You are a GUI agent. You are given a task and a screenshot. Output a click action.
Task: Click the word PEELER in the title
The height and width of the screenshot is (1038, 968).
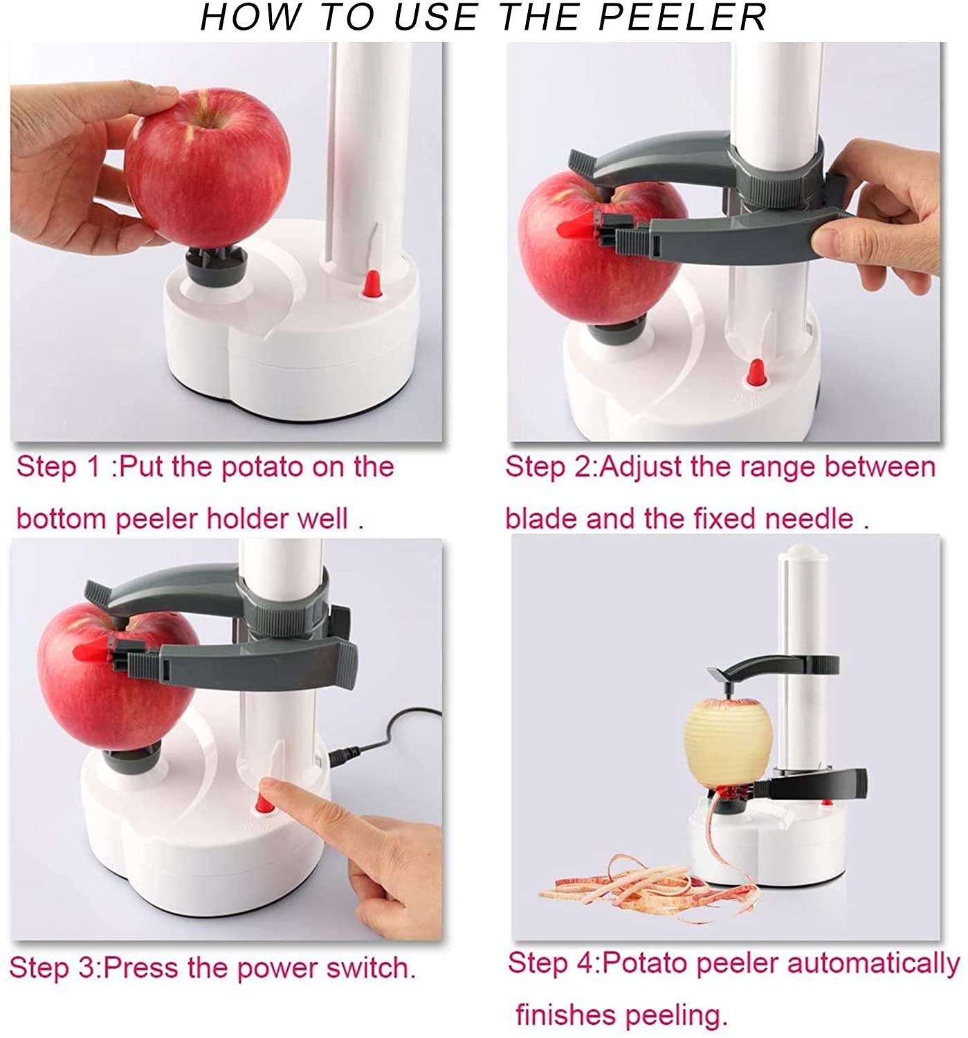tap(682, 17)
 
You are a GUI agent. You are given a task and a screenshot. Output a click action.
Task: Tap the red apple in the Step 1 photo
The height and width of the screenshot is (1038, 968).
tap(208, 173)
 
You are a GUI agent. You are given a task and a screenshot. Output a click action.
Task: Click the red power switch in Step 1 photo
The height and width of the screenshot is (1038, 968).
tap(372, 283)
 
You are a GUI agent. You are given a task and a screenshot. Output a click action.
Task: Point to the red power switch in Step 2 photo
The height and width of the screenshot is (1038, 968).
tap(755, 374)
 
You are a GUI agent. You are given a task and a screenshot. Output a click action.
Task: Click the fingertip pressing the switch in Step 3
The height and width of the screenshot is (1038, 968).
tap(271, 787)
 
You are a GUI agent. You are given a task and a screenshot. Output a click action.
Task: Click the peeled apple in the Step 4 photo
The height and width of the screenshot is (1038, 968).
tap(728, 744)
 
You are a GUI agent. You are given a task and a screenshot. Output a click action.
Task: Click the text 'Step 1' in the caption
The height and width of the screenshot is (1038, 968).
tap(58, 467)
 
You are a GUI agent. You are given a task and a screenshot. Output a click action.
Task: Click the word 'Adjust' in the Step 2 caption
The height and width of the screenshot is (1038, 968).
tap(641, 467)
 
